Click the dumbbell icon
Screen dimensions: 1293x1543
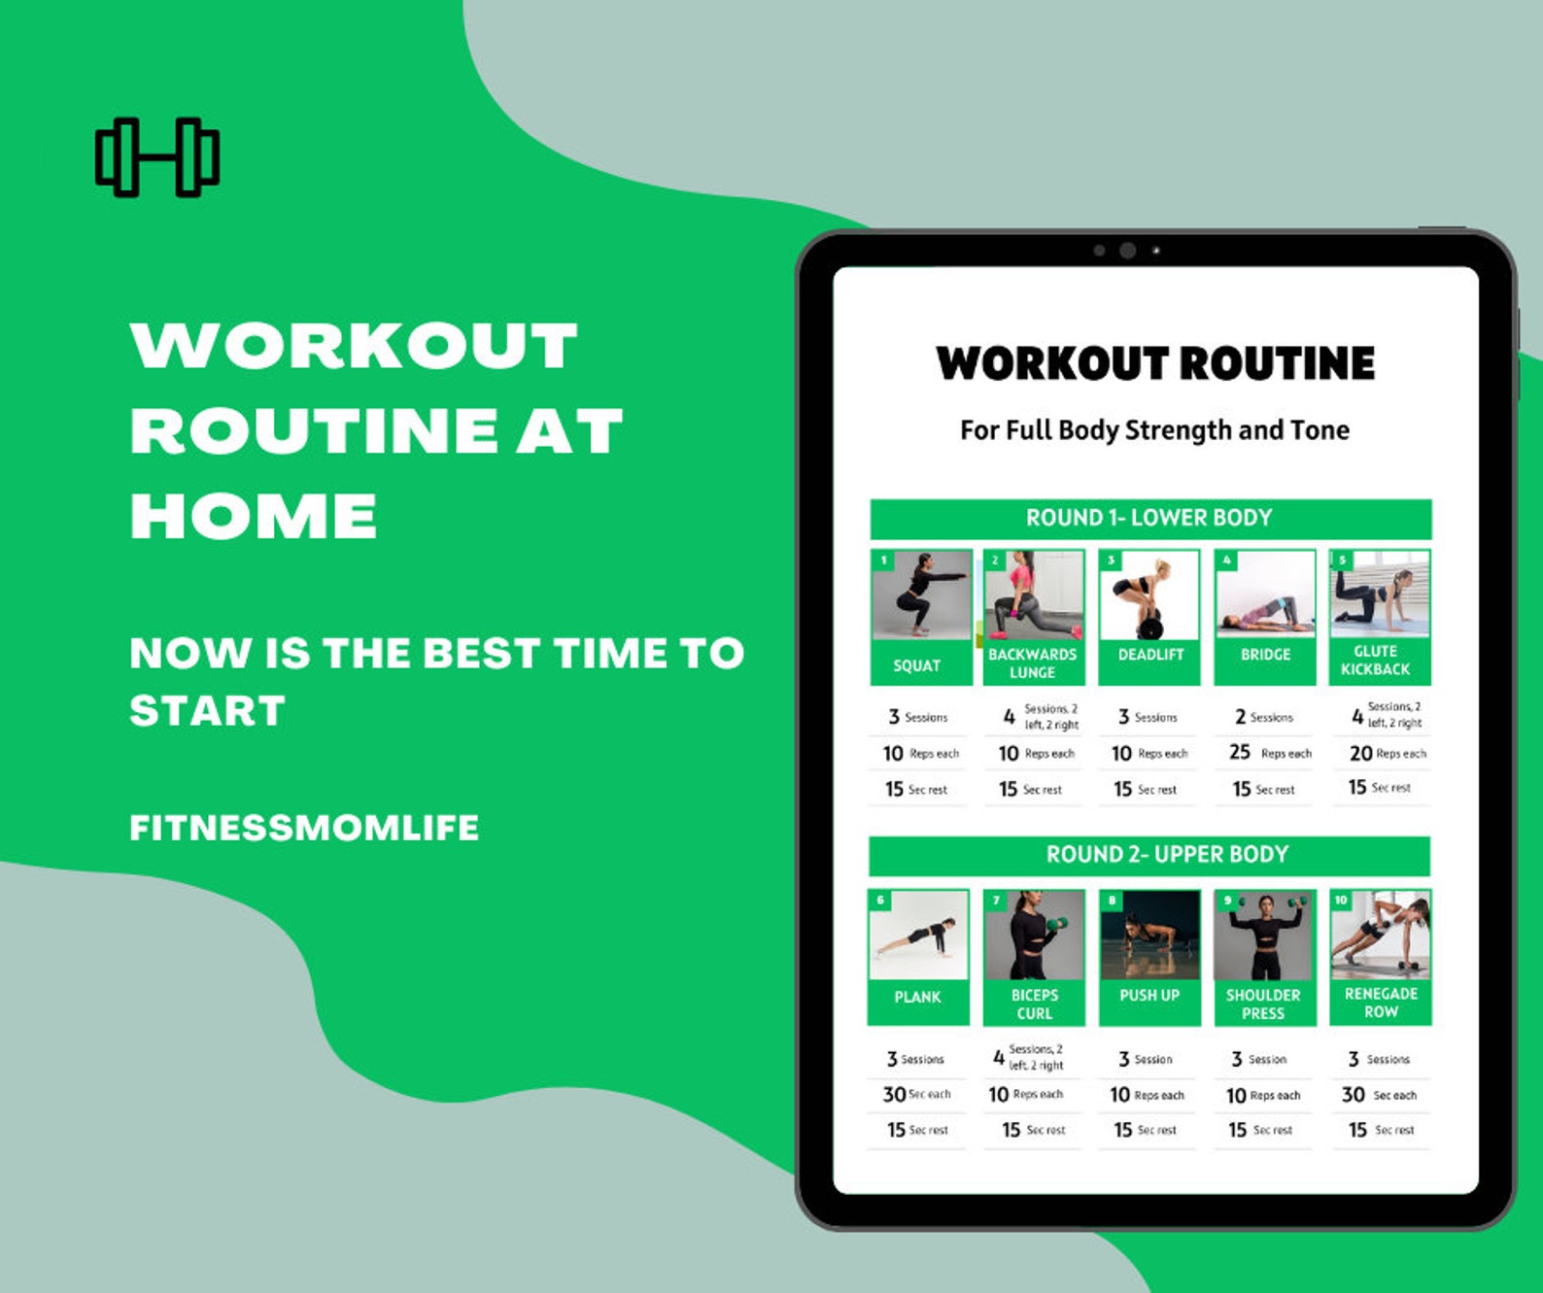pos(157,157)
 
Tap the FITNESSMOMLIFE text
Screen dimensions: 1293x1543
pos(304,828)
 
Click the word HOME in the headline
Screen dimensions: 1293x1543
pos(254,516)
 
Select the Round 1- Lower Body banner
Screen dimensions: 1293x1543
pos(1149,519)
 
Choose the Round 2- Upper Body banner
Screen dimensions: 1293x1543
pos(1149,855)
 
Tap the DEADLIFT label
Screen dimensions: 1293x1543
pos(1150,655)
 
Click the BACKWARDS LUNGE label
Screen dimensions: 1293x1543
pos(1032,664)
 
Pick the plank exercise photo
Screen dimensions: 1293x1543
pos(918,936)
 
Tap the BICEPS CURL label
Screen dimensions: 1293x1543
pos(1034,1004)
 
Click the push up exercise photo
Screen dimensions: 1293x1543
pos(1149,936)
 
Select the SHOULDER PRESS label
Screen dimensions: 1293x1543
pos(1263,1004)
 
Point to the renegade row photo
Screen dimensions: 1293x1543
pos(1381,935)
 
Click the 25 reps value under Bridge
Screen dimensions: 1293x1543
pos(1240,753)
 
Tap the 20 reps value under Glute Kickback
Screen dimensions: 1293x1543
pos(1360,754)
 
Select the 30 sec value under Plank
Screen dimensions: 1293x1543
pos(894,1095)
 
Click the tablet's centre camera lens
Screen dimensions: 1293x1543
pos(1128,251)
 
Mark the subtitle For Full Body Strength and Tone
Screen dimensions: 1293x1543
pos(1154,430)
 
